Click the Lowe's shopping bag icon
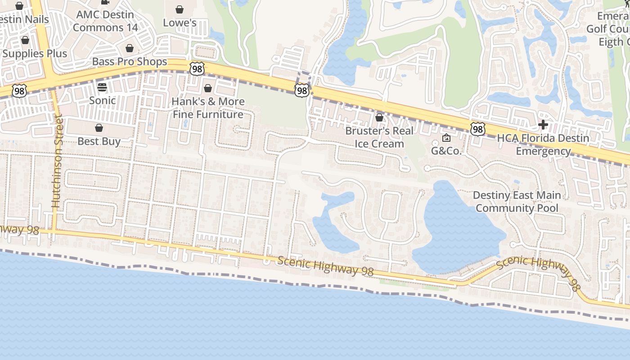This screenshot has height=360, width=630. [x=180, y=9]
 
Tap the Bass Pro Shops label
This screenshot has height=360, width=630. [x=130, y=62]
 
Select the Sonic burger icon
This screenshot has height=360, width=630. [x=102, y=87]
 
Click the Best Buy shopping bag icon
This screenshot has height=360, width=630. [x=99, y=128]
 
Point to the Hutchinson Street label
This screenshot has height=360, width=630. [x=56, y=161]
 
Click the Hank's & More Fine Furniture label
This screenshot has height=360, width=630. [x=208, y=108]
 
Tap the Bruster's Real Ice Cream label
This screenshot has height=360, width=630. [x=379, y=137]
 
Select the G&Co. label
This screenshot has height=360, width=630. [x=446, y=151]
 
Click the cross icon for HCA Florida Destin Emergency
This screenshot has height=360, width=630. [x=543, y=125]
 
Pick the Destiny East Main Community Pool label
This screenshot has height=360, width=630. [x=517, y=202]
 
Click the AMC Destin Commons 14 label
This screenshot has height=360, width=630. [x=105, y=21]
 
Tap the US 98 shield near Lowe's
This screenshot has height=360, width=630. [x=197, y=68]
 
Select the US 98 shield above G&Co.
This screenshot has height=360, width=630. [x=478, y=130]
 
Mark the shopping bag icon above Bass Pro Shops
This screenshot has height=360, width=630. [x=130, y=48]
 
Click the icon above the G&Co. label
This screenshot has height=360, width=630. [x=446, y=138]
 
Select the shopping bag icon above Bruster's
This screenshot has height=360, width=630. [x=379, y=117]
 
